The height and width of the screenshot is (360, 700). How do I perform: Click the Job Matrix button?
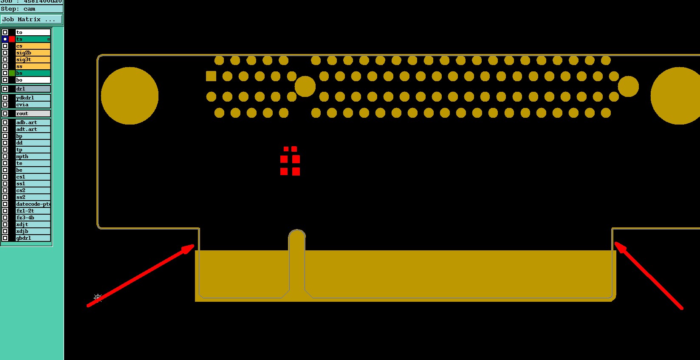tap(31, 20)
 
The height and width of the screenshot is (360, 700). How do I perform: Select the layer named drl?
tap(33, 89)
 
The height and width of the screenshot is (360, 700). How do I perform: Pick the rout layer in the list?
tap(33, 113)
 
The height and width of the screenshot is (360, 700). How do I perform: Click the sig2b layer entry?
tap(33, 53)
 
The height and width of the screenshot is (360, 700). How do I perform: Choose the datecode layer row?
tap(33, 204)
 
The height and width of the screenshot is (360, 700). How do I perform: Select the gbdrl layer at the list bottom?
tap(33, 238)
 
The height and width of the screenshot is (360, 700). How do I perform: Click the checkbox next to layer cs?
tap(5, 46)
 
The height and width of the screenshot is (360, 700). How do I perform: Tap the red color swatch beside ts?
tap(12, 39)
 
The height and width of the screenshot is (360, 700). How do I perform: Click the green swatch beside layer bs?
tap(12, 73)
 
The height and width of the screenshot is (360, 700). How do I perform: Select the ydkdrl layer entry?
tap(33, 98)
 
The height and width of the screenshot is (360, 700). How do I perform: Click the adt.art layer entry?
tap(33, 129)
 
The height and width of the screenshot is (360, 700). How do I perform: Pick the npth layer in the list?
tap(33, 156)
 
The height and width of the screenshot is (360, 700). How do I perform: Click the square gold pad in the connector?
tap(211, 76)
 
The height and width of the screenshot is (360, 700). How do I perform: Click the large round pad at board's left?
tap(130, 96)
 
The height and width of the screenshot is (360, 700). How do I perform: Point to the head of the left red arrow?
tap(193, 245)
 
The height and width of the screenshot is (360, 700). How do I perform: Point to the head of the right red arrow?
tap(615, 243)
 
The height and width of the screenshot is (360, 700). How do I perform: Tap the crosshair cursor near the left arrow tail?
tap(97, 297)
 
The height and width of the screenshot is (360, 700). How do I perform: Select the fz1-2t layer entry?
tap(33, 211)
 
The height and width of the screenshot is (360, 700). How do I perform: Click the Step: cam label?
tap(19, 9)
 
